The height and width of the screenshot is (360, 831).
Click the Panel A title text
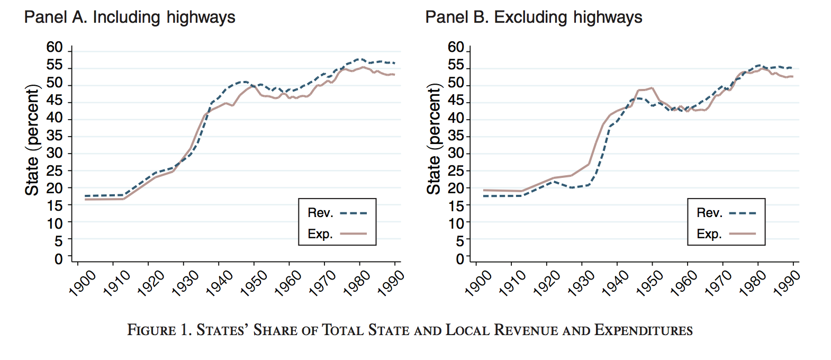130,17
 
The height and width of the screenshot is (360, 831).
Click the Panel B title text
534,17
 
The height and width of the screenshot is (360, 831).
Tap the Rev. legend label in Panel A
320,213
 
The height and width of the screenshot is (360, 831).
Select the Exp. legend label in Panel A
320,234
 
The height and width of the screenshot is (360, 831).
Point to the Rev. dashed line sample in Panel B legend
743,213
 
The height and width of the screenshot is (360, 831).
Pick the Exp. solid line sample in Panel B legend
743,234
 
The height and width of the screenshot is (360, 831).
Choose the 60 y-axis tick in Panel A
55,48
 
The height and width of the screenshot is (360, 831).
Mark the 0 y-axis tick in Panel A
59,259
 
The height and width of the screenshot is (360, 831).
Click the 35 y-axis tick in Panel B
456,136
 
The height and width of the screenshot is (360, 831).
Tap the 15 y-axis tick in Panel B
456,206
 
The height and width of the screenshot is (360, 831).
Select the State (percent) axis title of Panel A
32,140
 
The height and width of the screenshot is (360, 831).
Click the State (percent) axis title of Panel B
433,139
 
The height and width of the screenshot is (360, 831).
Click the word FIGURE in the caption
151,330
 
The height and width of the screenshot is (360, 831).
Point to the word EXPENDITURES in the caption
643,330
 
